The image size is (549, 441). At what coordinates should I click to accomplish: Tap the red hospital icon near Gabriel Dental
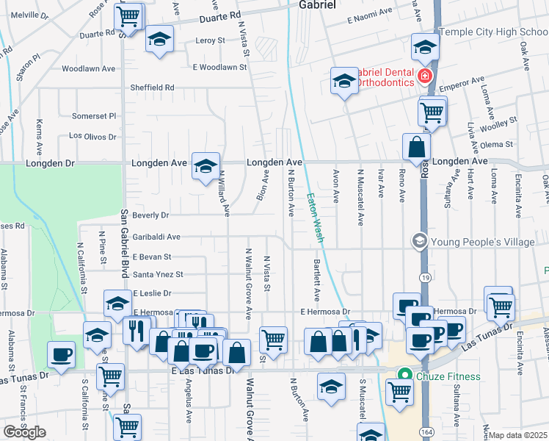click(x=423, y=76)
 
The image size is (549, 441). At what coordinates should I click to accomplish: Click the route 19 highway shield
click(x=425, y=277)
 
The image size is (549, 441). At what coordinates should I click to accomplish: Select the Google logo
click(x=24, y=432)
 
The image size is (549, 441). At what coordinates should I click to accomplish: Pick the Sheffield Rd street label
click(x=152, y=87)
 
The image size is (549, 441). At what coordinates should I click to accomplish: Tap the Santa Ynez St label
click(x=158, y=275)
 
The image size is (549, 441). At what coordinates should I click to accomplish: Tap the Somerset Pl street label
click(x=94, y=116)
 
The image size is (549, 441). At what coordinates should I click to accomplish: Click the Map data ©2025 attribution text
click(x=518, y=435)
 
